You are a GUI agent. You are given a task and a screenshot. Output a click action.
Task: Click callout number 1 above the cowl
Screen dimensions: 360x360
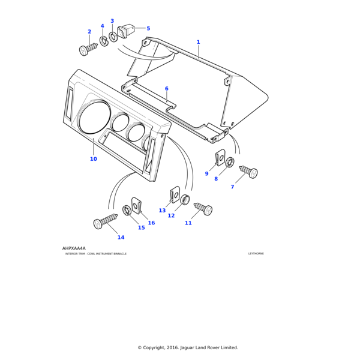198,42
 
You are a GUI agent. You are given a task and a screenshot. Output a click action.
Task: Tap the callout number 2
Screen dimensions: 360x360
89,32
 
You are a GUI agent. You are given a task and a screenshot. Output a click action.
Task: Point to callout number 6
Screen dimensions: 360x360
167,89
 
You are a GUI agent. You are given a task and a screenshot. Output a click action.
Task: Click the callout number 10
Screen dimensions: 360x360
93,159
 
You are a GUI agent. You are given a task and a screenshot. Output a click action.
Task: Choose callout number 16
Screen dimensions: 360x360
151,223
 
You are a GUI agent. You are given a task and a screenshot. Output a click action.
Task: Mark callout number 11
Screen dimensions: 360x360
188,223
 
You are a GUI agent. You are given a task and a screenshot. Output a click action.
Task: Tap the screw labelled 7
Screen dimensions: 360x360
249,172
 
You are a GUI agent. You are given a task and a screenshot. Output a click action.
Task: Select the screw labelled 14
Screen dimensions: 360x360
106,221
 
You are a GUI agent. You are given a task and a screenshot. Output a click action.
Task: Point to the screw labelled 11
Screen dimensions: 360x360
203,209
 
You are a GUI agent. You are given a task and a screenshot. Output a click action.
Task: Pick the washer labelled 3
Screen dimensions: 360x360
113,37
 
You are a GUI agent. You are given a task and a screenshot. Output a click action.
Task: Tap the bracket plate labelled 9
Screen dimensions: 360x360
220,157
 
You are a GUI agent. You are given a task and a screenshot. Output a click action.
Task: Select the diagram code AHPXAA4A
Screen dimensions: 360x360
74,248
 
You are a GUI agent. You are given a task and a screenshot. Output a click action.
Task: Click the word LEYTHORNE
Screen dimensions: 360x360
256,254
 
